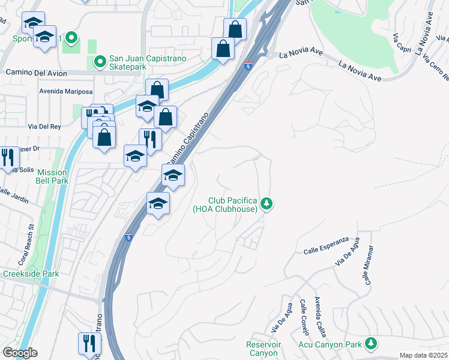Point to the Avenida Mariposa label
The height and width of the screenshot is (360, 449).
66,92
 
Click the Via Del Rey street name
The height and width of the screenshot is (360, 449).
45,127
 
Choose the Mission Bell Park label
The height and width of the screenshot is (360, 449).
52,176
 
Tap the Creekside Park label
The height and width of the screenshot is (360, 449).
31,274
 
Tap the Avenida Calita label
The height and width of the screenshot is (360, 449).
319,317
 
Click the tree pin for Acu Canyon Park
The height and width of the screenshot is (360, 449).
372,344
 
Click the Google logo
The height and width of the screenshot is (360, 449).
19,353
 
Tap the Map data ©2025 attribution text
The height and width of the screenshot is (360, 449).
424,355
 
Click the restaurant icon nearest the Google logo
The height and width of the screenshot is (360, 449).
89,343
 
